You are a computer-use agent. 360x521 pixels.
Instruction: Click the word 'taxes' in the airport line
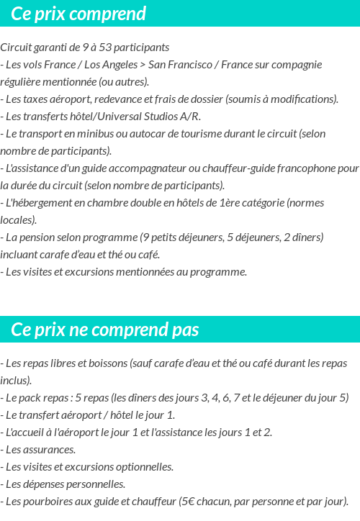point(35,99)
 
